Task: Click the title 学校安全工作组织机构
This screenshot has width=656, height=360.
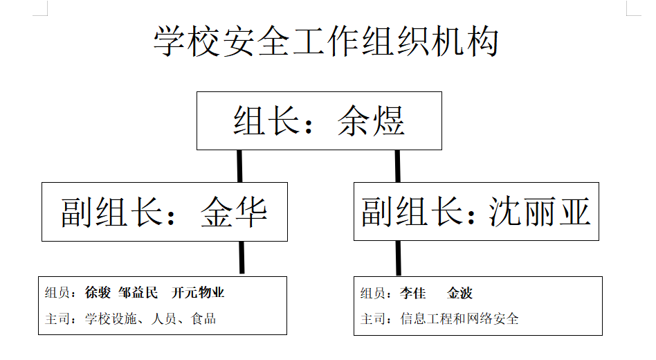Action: pyautogui.click(x=326, y=41)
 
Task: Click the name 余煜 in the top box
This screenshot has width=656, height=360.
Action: pyautogui.click(x=371, y=120)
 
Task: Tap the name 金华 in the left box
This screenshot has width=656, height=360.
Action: pyautogui.click(x=234, y=212)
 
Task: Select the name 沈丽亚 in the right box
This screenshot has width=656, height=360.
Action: pyautogui.click(x=539, y=211)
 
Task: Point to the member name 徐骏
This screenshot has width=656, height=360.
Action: pyautogui.click(x=98, y=293)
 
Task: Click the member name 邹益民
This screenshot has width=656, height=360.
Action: pyautogui.click(x=138, y=293)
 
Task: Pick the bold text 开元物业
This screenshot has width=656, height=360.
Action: pyautogui.click(x=198, y=293)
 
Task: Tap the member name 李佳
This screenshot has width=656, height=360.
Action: pyautogui.click(x=413, y=293)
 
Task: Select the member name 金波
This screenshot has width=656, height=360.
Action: pyautogui.click(x=459, y=293)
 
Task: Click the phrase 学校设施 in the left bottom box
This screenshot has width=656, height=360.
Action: pyautogui.click(x=111, y=319)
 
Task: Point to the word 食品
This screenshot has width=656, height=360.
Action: pyautogui.click(x=203, y=319)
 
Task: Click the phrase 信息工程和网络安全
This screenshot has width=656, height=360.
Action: pyautogui.click(x=459, y=319)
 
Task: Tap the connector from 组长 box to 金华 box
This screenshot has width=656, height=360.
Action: pyautogui.click(x=239, y=166)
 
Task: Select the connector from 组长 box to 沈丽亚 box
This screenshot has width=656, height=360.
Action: pyautogui.click(x=397, y=166)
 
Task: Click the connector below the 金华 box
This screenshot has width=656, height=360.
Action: pyautogui.click(x=242, y=258)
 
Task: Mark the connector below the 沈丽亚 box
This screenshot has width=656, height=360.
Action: pyautogui.click(x=399, y=258)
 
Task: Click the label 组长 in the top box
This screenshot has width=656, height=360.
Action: pyautogui.click(x=266, y=120)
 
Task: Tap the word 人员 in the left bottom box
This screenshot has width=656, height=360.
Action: pyautogui.click(x=164, y=319)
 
